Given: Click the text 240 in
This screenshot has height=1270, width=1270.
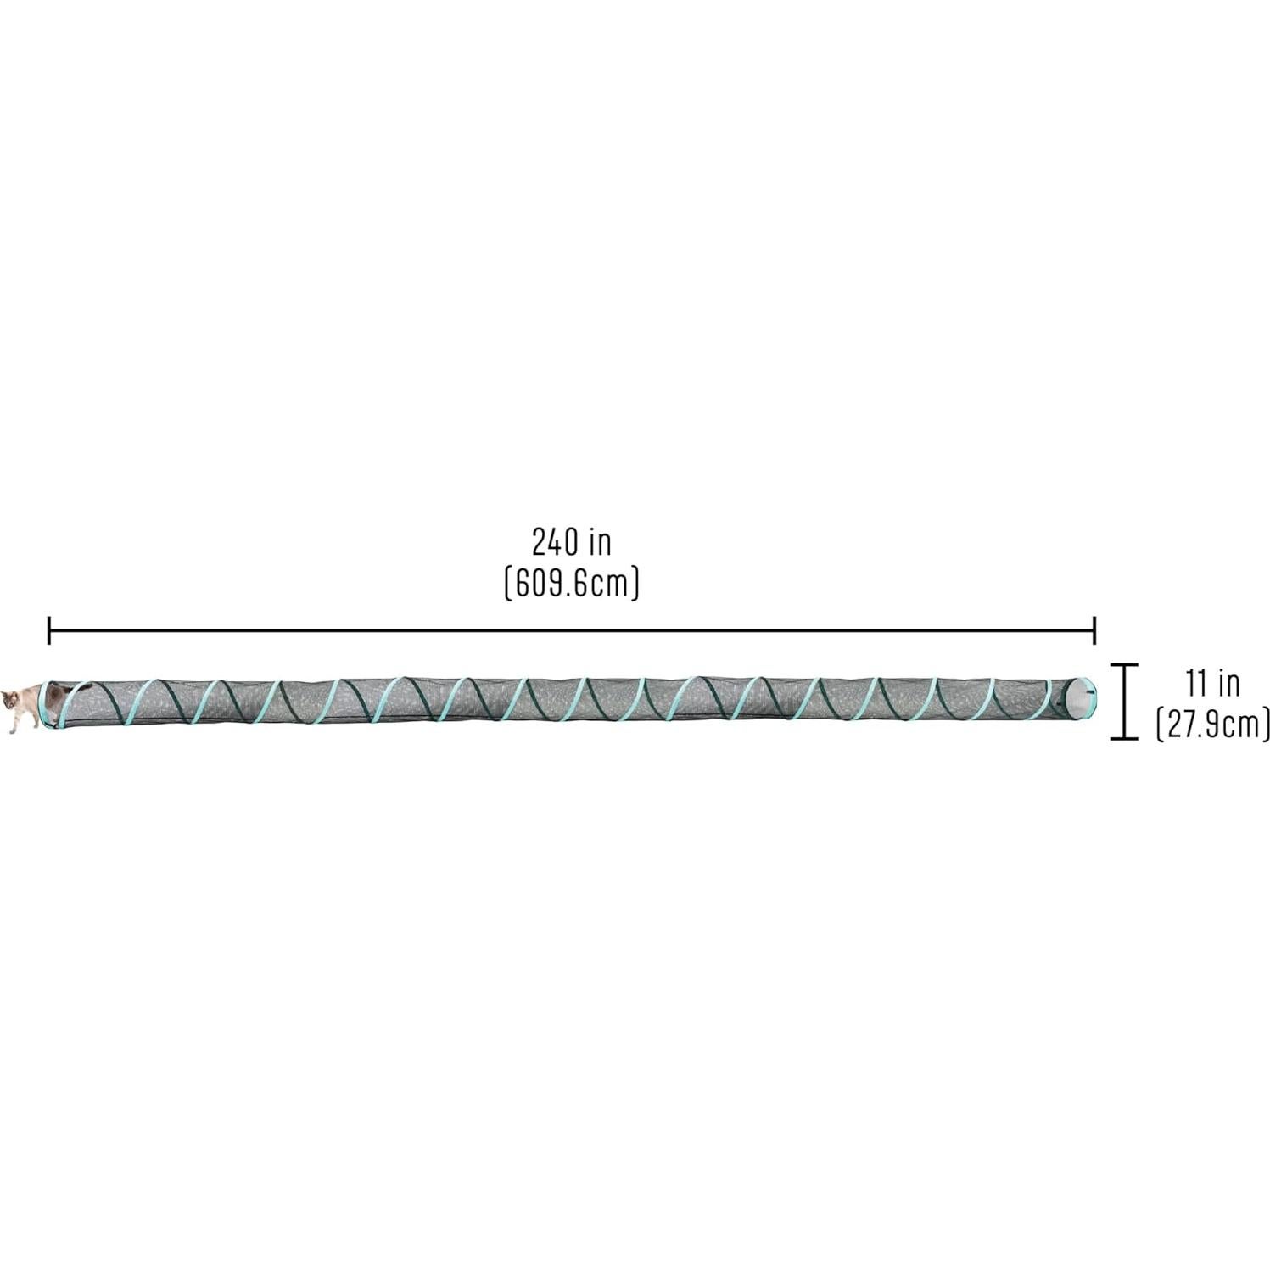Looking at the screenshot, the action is (x=571, y=541).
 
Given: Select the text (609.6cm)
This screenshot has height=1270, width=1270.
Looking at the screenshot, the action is (x=571, y=584).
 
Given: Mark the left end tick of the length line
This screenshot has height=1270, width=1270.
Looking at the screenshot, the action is (x=49, y=630).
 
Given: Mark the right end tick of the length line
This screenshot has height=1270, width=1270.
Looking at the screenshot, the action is (x=1094, y=630).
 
